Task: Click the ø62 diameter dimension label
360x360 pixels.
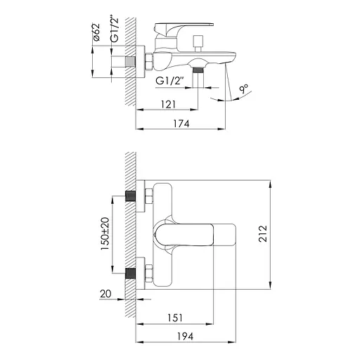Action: tap(96, 32)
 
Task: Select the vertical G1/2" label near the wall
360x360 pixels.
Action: tap(115, 30)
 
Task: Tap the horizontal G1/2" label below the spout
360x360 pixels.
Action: tap(169, 81)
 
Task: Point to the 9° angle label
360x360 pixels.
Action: tap(244, 89)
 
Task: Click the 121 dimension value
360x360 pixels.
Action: tap(168, 104)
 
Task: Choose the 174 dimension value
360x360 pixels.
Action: tap(181, 124)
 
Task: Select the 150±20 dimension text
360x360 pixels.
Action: tap(105, 233)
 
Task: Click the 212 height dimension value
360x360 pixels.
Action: tap(263, 233)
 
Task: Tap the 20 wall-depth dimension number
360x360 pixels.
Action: tap(105, 294)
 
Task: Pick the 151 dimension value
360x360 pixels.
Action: tap(175, 318)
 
